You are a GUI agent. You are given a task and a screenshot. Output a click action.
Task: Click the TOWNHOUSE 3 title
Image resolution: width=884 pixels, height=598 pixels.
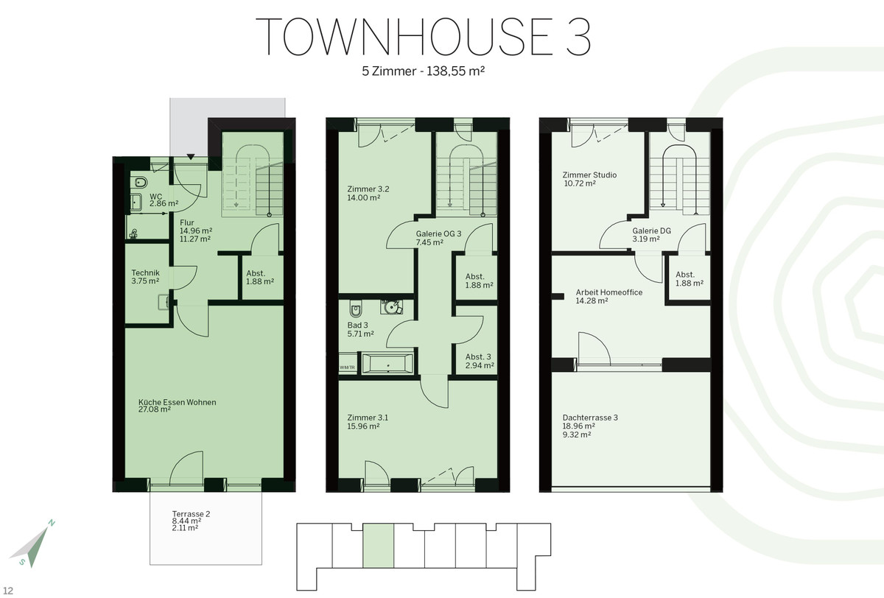pyautogui.click(x=424, y=37)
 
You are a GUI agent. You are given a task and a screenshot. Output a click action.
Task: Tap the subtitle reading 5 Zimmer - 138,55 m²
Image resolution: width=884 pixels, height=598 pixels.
pyautogui.click(x=424, y=71)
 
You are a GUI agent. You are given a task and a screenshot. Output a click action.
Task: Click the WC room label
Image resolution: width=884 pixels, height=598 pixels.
pyautogui.click(x=155, y=197)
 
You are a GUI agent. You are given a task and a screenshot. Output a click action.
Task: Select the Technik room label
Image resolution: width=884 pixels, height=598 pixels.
pyautogui.click(x=145, y=272)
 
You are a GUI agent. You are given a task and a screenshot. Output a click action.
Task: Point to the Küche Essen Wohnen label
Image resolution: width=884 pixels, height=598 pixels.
pyautogui.click(x=178, y=402)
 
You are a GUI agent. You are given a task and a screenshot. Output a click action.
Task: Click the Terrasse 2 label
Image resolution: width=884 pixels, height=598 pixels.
pyautogui.click(x=191, y=514)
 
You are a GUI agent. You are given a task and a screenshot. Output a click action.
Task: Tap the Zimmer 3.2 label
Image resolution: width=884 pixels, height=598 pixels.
pyautogui.click(x=368, y=189)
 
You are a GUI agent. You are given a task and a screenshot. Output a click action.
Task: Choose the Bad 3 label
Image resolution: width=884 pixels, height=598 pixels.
pyautogui.click(x=357, y=325)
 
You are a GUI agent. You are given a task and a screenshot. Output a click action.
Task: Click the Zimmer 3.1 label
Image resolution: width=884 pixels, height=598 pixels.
pyautogui.click(x=368, y=418)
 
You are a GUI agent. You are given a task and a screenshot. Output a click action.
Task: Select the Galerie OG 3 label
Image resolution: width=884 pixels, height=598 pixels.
pyautogui.click(x=438, y=233)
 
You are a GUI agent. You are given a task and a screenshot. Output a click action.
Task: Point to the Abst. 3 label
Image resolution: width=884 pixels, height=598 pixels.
pyautogui.click(x=478, y=356)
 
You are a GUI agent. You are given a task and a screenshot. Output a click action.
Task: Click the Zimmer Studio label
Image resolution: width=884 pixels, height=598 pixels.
pyautogui.click(x=589, y=175)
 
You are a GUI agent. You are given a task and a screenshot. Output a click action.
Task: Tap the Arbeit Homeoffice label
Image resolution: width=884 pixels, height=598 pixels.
pyautogui.click(x=609, y=292)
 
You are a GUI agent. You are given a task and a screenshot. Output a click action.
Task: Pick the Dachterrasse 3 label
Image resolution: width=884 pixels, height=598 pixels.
pyautogui.click(x=590, y=418)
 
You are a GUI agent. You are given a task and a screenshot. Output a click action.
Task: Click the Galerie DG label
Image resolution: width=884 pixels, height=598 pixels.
pyautogui.click(x=651, y=231)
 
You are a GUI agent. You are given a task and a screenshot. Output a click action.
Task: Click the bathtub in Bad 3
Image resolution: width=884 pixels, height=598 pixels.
pyautogui.click(x=387, y=363)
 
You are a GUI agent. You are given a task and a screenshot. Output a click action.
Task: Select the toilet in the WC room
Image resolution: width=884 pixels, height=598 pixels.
pyautogui.click(x=140, y=183)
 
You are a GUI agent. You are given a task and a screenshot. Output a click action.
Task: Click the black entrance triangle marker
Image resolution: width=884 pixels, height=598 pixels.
pyautogui.click(x=191, y=157)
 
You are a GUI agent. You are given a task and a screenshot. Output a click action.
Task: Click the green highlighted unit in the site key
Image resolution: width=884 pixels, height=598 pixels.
pyautogui.click(x=378, y=546)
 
